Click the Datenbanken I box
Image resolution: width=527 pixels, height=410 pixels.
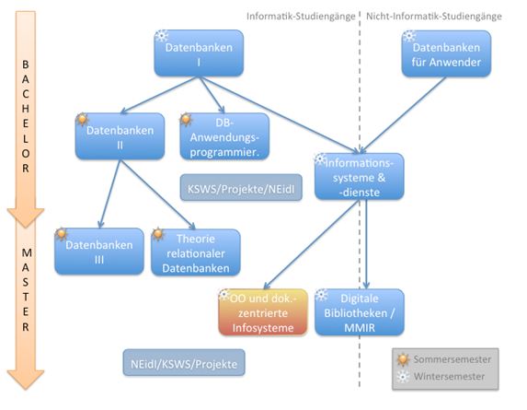(x=199, y=53)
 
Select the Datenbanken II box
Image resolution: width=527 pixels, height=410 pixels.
(x=120, y=136)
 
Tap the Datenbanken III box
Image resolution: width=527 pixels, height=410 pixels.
(x=99, y=252)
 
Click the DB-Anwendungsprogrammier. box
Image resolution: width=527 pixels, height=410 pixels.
(x=224, y=136)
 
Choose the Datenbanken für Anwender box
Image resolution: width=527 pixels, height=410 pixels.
(x=446, y=53)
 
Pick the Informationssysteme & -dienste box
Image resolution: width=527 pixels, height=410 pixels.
(x=360, y=176)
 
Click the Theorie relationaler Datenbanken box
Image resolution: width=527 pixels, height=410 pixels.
(x=196, y=252)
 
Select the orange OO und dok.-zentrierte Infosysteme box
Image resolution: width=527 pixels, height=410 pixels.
(x=263, y=312)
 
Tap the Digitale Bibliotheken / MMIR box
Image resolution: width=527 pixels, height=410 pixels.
(x=360, y=312)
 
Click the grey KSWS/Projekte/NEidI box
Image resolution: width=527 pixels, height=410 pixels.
(x=241, y=188)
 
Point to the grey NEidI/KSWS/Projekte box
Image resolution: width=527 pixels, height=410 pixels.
(x=184, y=362)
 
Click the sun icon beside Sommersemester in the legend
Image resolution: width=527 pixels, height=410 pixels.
(x=403, y=359)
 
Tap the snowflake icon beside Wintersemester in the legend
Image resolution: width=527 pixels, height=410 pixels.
(x=403, y=376)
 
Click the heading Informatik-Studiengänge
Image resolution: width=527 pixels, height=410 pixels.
(x=301, y=17)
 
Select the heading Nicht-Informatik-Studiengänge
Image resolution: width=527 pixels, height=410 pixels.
(x=434, y=17)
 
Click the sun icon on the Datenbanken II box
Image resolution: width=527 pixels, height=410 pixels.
(x=83, y=119)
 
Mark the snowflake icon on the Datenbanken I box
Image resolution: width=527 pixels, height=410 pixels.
(x=162, y=36)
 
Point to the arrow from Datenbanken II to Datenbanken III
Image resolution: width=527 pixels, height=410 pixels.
(x=109, y=193)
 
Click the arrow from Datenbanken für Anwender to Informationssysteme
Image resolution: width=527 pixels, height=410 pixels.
(x=403, y=115)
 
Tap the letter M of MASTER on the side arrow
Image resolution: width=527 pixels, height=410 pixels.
(x=27, y=252)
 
